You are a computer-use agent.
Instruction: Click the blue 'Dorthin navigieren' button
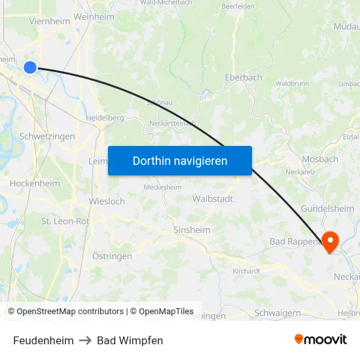tap(180, 160)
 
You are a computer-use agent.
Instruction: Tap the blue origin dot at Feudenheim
tap(30, 67)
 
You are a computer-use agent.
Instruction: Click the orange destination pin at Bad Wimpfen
tap(329, 242)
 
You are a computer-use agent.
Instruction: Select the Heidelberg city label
tap(105, 118)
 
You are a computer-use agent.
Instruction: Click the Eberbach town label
tap(243, 77)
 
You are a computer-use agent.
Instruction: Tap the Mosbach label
tap(320, 159)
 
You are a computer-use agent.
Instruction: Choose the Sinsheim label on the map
tap(192, 230)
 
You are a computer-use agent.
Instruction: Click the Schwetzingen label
tap(47, 136)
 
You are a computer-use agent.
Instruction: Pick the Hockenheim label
tap(35, 183)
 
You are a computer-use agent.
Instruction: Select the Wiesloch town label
tap(107, 202)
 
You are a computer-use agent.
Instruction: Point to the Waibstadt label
tap(213, 198)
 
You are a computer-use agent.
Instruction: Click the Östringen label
tap(112, 256)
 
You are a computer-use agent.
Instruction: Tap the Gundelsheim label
tap(327, 208)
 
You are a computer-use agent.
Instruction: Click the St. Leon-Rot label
tap(65, 221)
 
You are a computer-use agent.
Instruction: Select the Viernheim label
tap(50, 21)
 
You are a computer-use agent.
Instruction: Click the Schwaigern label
tap(277, 313)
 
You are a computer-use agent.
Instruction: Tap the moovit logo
tap(320, 339)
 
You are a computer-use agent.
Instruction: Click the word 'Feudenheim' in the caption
tap(43, 340)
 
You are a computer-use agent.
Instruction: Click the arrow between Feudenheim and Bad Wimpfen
tap(85, 340)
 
